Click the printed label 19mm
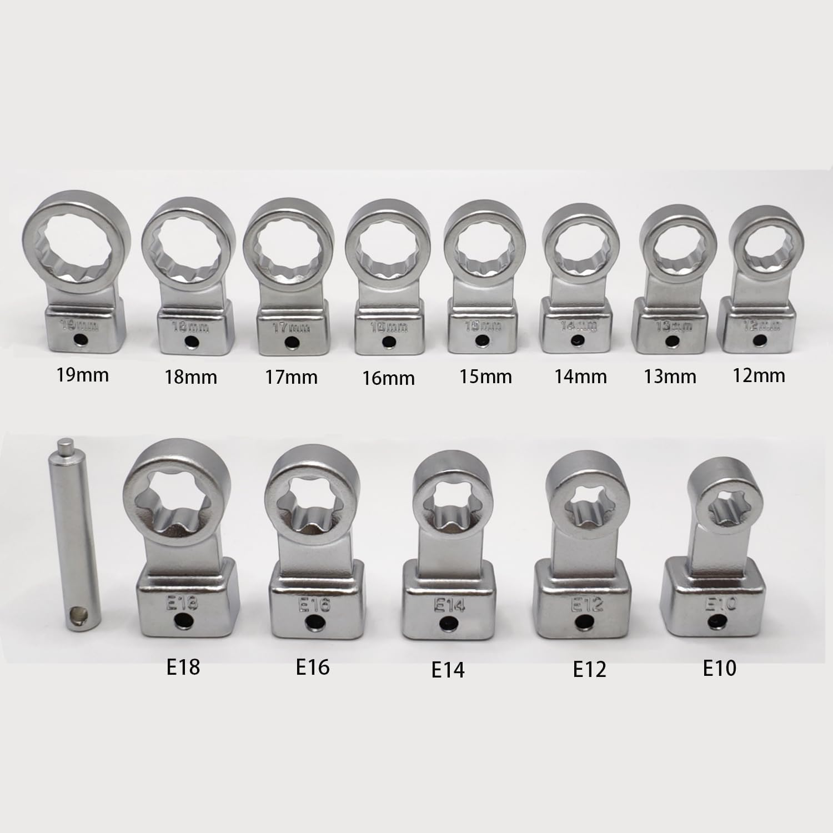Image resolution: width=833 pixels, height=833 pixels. [83, 375]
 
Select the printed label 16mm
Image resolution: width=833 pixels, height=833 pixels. [388, 378]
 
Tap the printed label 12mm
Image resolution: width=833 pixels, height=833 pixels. [759, 375]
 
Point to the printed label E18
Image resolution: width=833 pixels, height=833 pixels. [183, 666]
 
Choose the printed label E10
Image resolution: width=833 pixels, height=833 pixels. [720, 668]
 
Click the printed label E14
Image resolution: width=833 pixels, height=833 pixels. [448, 670]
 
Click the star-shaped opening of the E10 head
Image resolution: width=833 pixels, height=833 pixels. [722, 505]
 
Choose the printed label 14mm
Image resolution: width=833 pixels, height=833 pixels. [580, 377]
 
